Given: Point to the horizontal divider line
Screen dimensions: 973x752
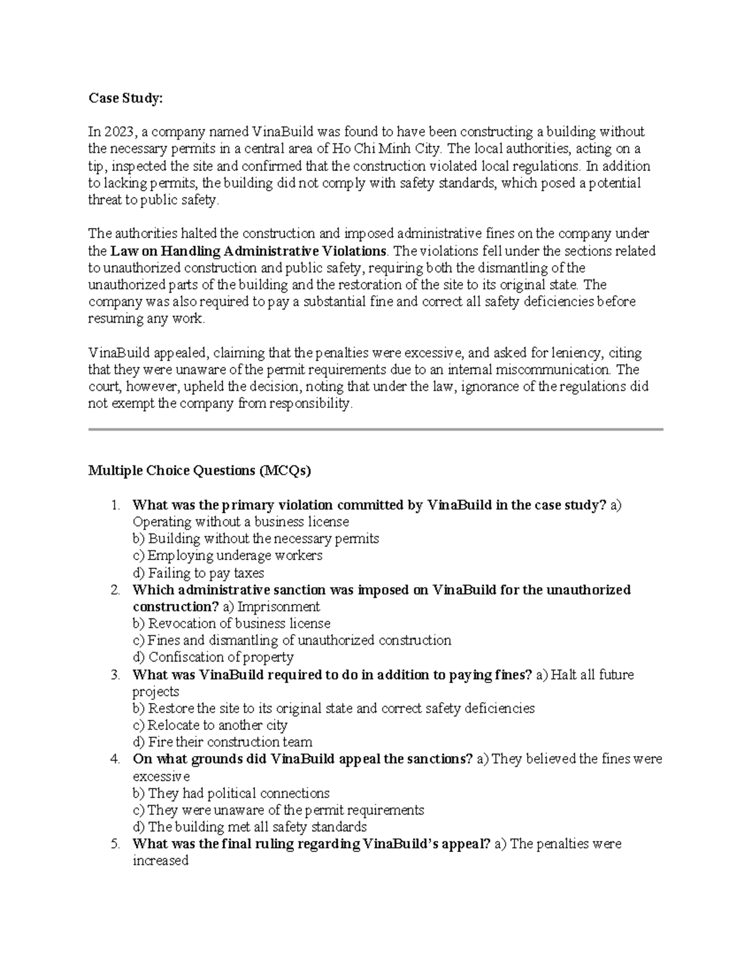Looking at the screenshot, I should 375,429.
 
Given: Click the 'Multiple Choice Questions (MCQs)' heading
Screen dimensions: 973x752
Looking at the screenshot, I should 199,471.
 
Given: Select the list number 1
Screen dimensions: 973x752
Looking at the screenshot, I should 114,506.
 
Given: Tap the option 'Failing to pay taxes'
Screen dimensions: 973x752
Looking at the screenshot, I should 198,573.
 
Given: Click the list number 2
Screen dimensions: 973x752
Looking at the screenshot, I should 114,590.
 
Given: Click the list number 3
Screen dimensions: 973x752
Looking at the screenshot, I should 114,675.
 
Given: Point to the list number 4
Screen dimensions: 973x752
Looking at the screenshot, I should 114,759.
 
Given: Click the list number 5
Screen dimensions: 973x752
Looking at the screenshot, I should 114,844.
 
